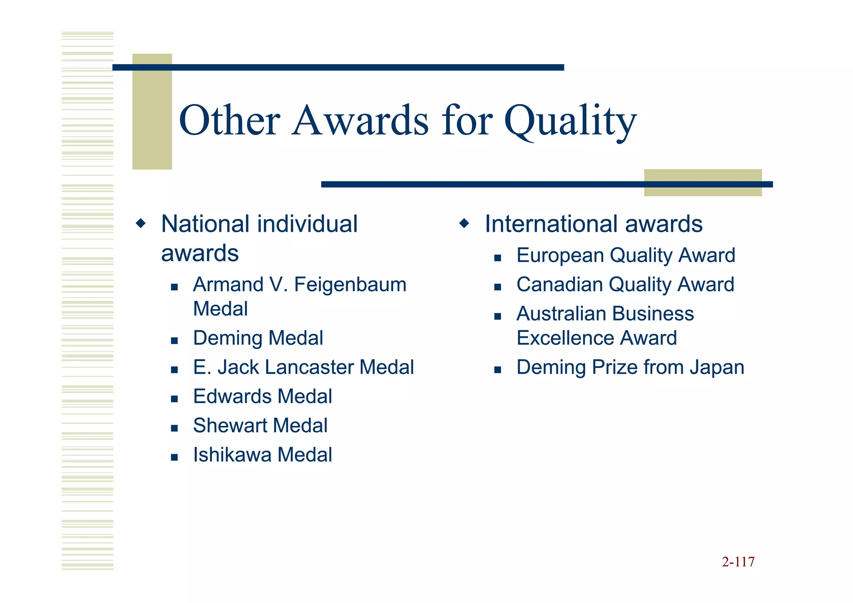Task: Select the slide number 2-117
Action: [x=738, y=562]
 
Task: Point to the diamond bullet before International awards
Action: [x=464, y=223]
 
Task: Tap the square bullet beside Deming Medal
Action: [x=175, y=340]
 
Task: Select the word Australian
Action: [x=561, y=314]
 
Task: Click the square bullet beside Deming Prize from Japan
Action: [x=497, y=370]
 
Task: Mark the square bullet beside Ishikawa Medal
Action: [x=175, y=457]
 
